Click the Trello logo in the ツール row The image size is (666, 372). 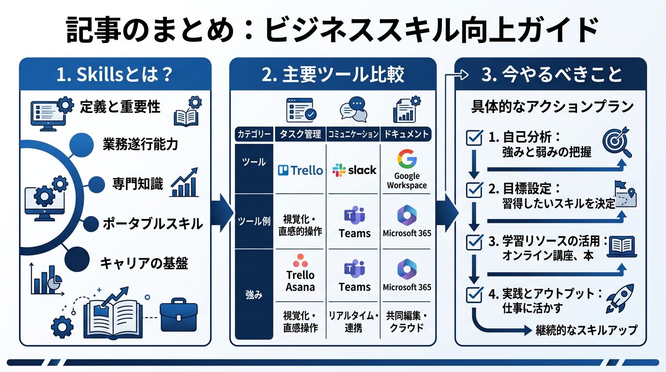click(x=300, y=170)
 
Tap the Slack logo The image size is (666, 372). click(x=354, y=170)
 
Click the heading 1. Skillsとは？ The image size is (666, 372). click(x=115, y=76)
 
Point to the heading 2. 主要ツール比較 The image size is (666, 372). click(x=333, y=76)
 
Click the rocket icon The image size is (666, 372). click(x=620, y=298)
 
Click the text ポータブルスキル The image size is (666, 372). click(x=152, y=224)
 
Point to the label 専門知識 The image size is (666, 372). click(x=137, y=184)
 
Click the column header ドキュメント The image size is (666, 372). click(x=407, y=134)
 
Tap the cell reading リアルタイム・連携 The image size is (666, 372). click(x=354, y=322)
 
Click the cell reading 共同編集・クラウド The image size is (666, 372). click(x=407, y=322)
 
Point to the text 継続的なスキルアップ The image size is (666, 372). click(x=586, y=330)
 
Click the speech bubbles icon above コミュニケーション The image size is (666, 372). click(x=354, y=109)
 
